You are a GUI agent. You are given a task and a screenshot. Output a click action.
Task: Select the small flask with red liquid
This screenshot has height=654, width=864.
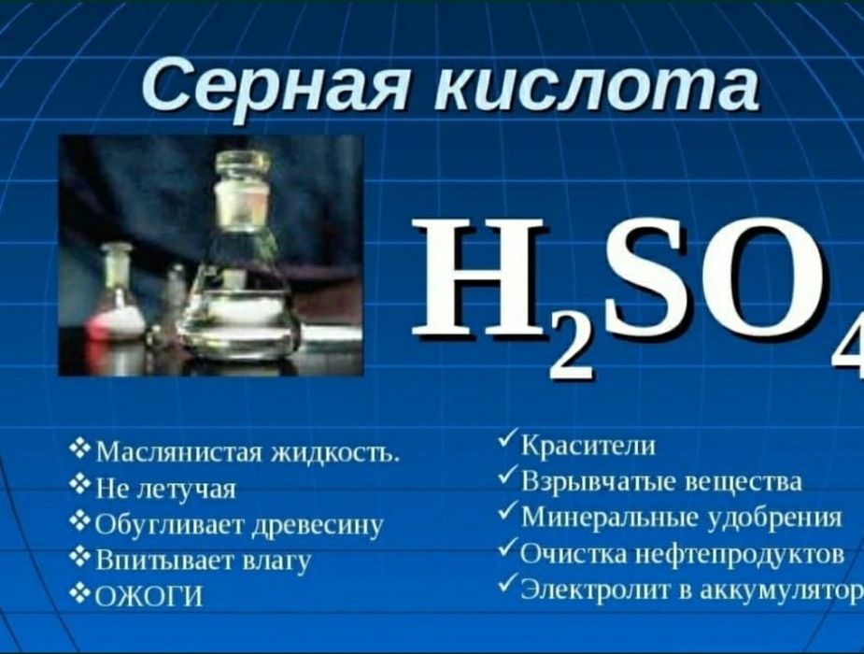coord(118,308)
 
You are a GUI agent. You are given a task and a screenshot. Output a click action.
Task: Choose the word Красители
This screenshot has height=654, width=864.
coord(588,447)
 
